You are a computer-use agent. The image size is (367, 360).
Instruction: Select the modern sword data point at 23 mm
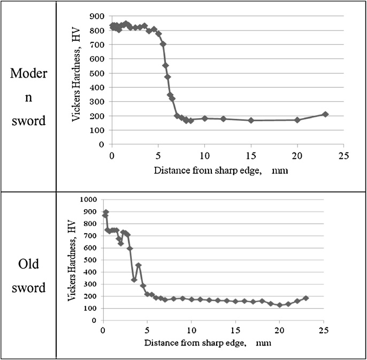click(325, 114)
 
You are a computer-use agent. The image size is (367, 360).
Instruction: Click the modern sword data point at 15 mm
click(251, 120)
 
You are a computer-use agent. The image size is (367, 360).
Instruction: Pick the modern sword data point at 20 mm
click(297, 120)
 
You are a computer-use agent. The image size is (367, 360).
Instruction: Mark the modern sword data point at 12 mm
click(223, 119)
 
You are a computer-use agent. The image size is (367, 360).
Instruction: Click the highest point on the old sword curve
click(106, 212)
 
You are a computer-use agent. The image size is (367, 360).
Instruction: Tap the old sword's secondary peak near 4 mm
click(139, 265)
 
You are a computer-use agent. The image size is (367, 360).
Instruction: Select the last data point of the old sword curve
click(306, 298)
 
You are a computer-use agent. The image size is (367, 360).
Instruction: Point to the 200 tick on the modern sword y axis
click(97, 116)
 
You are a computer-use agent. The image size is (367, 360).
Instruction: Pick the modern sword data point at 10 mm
click(205, 118)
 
